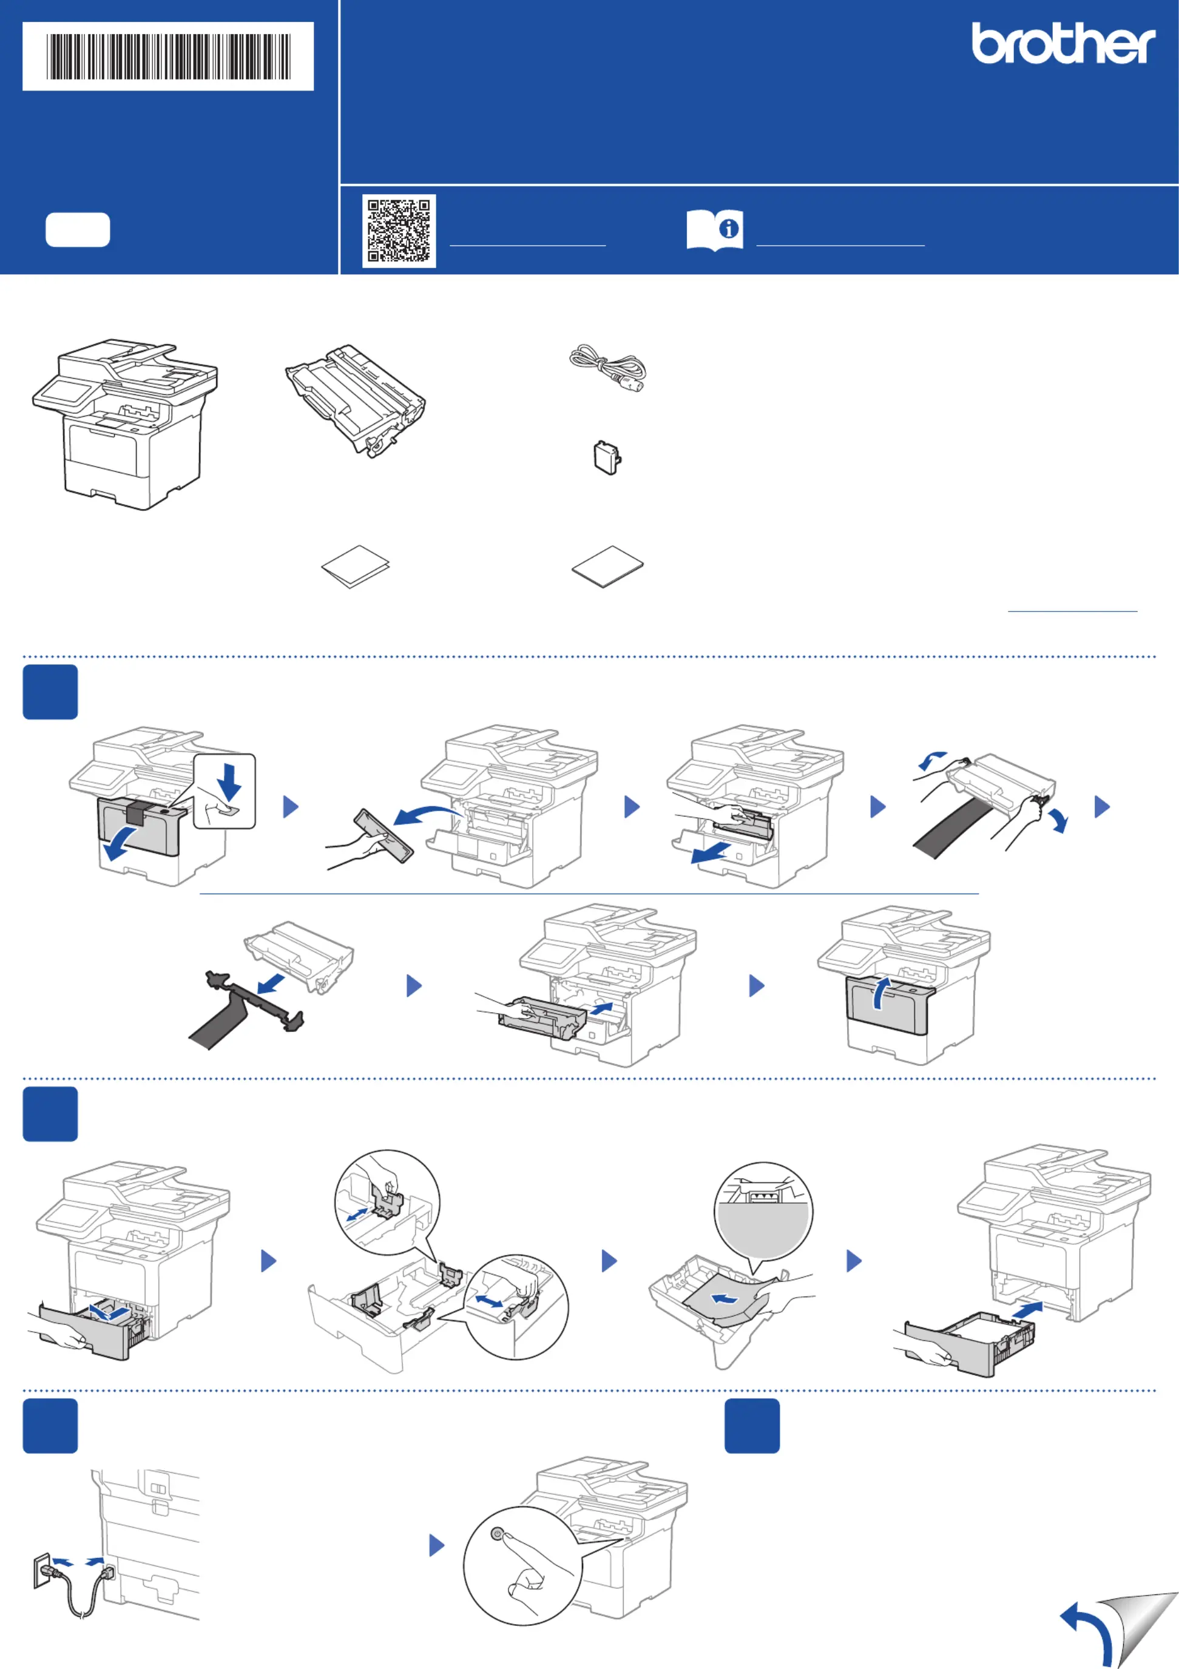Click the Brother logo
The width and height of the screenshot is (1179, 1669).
(x=1064, y=43)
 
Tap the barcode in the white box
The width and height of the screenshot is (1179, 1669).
(x=169, y=56)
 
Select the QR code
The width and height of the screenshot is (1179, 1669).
(x=399, y=231)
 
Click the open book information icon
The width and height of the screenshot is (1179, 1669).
(x=715, y=231)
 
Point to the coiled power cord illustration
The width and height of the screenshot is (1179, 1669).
(x=607, y=368)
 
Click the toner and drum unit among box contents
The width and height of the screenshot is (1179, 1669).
(x=356, y=400)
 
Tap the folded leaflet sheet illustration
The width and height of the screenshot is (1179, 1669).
(x=356, y=566)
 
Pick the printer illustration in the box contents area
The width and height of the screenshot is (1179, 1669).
(x=125, y=424)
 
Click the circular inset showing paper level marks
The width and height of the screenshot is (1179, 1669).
(x=763, y=1210)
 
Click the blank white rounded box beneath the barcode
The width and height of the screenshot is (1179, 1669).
(x=78, y=230)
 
